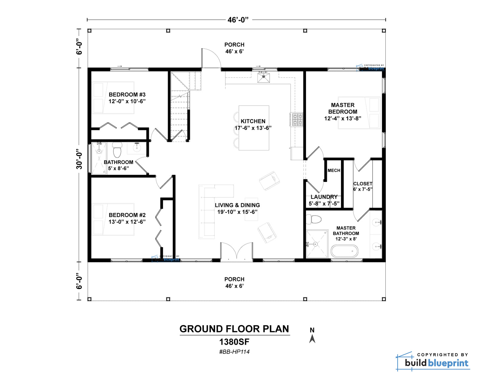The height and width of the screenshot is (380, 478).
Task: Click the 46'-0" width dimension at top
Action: pyautogui.click(x=238, y=20)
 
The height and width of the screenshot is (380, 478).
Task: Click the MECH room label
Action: pyautogui.click(x=334, y=170)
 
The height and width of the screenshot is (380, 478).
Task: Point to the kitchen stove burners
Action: pyautogui.click(x=297, y=120)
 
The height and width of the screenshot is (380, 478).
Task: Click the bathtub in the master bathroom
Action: pyautogui.click(x=344, y=251)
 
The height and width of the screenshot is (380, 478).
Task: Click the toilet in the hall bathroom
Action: pyautogui.click(x=117, y=149)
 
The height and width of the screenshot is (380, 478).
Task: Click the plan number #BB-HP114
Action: pyautogui.click(x=234, y=352)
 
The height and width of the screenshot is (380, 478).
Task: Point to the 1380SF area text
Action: pyautogui.click(x=234, y=342)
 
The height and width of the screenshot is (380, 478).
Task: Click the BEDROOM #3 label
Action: pyautogui.click(x=127, y=95)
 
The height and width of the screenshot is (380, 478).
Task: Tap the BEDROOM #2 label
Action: pyautogui.click(x=127, y=215)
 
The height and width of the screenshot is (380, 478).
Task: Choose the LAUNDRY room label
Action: pyautogui.click(x=324, y=197)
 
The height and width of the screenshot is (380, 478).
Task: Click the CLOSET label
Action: pyautogui.click(x=363, y=184)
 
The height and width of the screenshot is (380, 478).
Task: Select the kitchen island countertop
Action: pyautogui.click(x=254, y=128)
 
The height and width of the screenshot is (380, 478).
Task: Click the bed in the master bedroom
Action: pyautogui.click(x=359, y=113)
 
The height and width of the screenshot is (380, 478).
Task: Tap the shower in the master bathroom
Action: pyautogui.click(x=317, y=244)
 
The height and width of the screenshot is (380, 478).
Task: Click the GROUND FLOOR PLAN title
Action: pyautogui.click(x=234, y=329)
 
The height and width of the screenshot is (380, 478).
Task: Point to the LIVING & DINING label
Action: pyautogui.click(x=237, y=205)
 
